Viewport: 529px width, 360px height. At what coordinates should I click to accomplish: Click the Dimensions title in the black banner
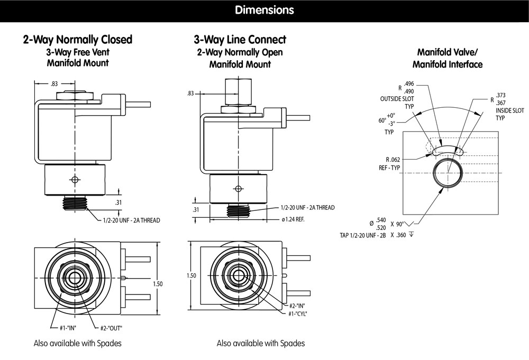264,10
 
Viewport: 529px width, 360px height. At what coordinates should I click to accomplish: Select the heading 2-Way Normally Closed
78,40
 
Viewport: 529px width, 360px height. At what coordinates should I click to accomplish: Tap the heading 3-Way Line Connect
240,40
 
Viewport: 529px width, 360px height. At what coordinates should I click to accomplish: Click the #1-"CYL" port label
298,313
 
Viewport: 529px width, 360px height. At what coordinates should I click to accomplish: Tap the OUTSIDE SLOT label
396,99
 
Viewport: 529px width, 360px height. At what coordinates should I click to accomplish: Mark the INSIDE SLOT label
509,110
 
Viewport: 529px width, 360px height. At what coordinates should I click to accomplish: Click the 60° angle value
382,120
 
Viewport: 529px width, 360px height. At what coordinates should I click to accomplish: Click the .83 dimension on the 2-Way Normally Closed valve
53,84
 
